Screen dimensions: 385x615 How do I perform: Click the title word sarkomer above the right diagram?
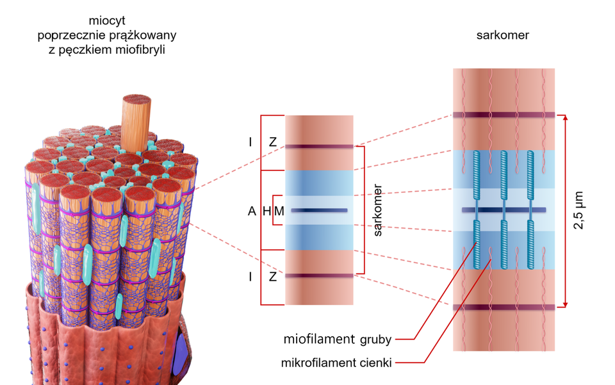[x=503, y=35]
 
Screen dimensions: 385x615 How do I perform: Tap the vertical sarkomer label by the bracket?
[x=377, y=213]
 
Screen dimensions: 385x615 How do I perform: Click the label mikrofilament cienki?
[x=336, y=363]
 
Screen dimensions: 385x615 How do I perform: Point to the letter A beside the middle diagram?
[x=252, y=211]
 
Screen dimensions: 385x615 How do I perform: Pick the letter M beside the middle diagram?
[x=279, y=211]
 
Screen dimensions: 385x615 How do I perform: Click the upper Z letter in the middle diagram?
[x=273, y=142]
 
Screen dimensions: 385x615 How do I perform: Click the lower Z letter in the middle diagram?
[x=273, y=277]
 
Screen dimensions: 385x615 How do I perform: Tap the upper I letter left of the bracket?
[x=250, y=142]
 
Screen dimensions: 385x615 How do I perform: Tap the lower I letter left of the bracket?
[x=250, y=277]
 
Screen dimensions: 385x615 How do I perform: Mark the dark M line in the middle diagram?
[x=318, y=210]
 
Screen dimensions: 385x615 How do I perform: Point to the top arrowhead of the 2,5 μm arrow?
[x=564, y=117]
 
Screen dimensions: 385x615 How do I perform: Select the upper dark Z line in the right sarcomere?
[x=504, y=115]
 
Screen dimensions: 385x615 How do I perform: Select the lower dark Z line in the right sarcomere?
[x=504, y=307]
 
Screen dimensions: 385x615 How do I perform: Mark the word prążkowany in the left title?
[x=142, y=35]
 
